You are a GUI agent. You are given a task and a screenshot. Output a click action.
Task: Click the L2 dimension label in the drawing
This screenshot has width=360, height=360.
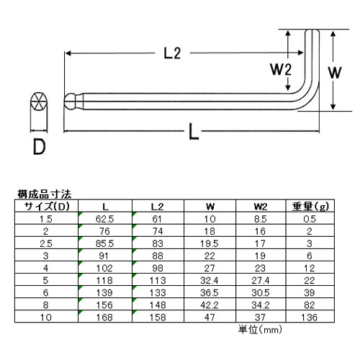[172, 53]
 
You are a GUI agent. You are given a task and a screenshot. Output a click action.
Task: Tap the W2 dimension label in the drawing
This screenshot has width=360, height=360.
[281, 69]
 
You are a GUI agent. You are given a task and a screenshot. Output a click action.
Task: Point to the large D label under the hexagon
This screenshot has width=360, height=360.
[39, 147]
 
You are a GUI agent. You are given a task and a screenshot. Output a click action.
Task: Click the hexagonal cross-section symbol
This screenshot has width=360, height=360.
[39, 101]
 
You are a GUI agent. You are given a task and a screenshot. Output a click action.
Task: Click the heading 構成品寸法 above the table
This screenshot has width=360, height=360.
[45, 194]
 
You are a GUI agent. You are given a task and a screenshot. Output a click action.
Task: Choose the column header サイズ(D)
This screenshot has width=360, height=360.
[47, 206]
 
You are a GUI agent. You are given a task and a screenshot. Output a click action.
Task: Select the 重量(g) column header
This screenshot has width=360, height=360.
[310, 206]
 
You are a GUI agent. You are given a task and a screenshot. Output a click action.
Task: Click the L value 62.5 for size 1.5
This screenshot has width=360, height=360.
[104, 219]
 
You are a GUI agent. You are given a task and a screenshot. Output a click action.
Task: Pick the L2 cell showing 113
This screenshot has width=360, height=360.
[158, 280]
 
